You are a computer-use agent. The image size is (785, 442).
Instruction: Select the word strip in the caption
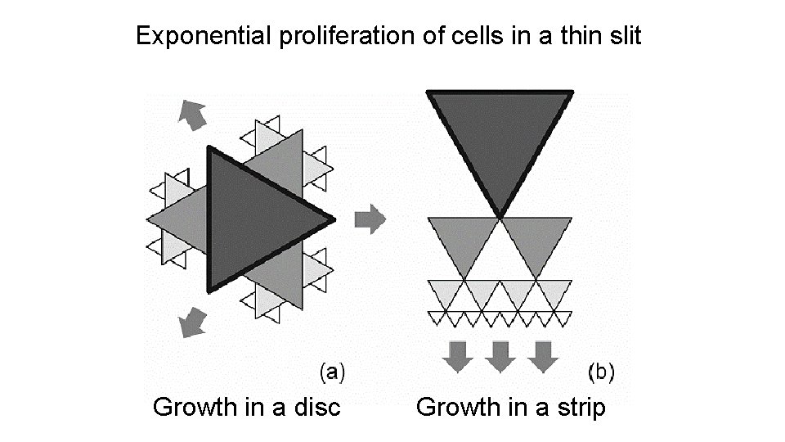577,407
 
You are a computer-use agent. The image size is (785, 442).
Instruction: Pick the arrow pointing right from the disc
370,219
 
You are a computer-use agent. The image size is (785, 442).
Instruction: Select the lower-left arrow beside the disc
192,322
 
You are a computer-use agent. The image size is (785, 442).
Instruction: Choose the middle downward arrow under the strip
500,355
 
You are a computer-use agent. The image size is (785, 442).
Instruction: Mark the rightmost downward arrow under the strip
541,355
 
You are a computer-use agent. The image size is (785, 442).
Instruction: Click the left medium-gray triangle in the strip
464,239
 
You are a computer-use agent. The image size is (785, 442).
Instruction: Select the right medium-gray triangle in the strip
536,239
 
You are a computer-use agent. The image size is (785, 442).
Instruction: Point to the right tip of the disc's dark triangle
333,219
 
